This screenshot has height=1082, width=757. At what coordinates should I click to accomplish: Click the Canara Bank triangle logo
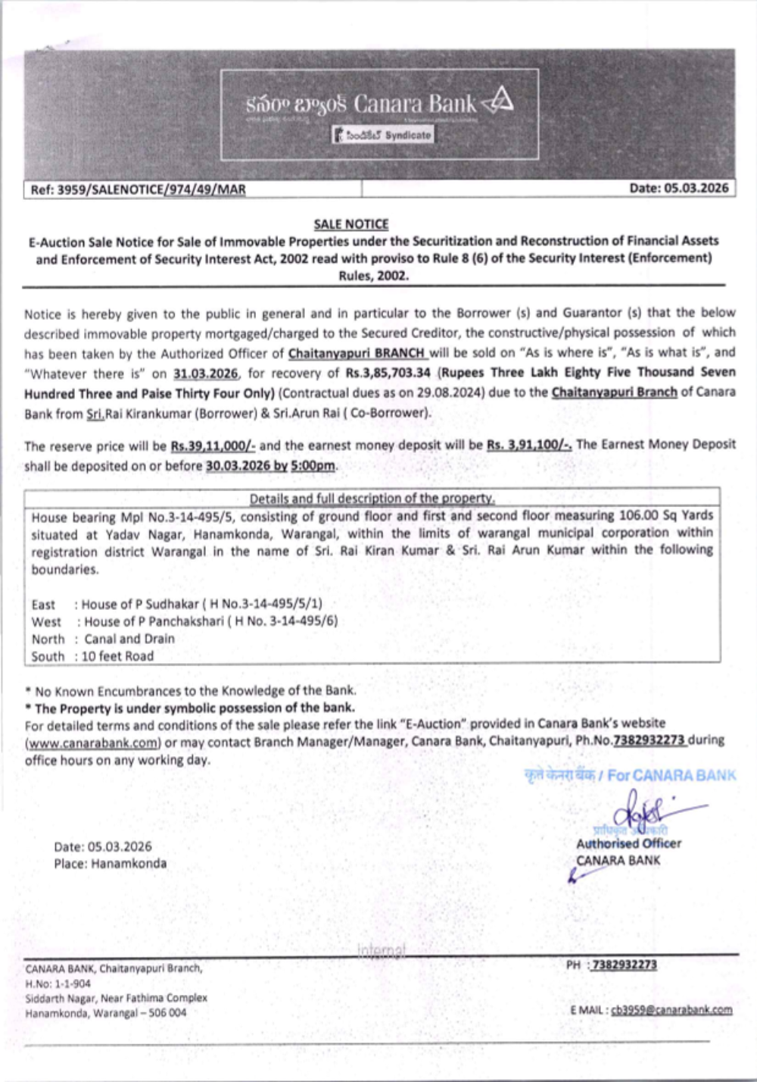[499, 102]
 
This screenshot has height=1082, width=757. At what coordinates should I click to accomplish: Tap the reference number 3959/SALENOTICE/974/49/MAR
[152, 189]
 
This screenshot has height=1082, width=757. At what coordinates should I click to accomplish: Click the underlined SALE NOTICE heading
[351, 224]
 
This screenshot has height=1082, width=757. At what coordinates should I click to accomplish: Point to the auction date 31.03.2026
[205, 374]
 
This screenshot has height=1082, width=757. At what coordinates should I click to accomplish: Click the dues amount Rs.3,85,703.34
[388, 373]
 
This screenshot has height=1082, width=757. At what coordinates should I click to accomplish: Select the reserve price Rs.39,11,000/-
[213, 446]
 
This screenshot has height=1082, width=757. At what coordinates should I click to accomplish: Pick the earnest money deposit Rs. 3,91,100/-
[528, 445]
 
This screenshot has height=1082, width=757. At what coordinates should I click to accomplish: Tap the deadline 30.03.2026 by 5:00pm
[270, 466]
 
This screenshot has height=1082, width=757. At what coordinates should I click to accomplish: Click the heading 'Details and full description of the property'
[372, 499]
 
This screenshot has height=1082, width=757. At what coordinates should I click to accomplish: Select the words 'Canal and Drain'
[129, 639]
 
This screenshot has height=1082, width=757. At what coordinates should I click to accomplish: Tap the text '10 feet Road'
[117, 656]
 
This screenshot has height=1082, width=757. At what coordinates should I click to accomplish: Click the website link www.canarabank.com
[93, 743]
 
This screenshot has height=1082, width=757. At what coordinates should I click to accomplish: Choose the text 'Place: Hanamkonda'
[111, 864]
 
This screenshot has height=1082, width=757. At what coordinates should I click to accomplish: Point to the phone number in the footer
[624, 965]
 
